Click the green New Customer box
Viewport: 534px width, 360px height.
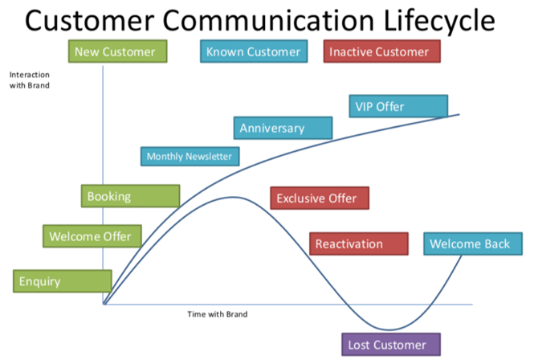point(115,52)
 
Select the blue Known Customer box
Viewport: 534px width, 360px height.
point(253,52)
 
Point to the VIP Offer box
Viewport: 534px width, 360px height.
point(398,106)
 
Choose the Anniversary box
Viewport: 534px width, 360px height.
point(283,128)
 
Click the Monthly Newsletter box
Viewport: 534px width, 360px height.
point(189,157)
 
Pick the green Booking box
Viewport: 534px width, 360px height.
point(130,196)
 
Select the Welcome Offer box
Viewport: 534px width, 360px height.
point(91,236)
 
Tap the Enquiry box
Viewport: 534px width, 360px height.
point(62,281)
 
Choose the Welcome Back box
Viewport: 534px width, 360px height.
point(470,243)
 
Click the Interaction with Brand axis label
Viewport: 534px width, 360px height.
point(29,79)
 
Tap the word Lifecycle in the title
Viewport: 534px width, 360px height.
point(437,20)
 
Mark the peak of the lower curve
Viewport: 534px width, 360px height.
point(233,197)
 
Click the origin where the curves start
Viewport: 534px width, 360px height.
point(104,305)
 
